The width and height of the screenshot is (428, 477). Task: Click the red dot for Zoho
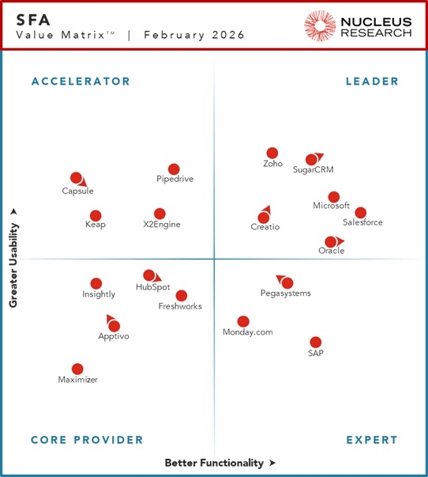[x=272, y=153]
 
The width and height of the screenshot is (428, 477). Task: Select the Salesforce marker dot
[x=360, y=212]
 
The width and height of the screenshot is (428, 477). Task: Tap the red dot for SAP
[x=315, y=343]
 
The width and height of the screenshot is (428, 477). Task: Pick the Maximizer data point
[x=77, y=369]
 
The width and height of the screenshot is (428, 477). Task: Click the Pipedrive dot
[x=174, y=169]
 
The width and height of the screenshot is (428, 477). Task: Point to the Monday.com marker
[x=243, y=321]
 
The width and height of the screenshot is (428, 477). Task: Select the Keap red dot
[x=96, y=215]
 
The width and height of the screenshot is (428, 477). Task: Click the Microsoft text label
[x=331, y=206]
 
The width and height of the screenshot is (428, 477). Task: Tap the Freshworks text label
[x=180, y=306]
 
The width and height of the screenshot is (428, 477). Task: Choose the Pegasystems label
[x=285, y=293]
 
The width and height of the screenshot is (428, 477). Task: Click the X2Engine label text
[x=162, y=225]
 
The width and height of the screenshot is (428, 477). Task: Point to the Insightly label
[x=99, y=294]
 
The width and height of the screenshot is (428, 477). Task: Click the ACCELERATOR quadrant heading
[x=81, y=81]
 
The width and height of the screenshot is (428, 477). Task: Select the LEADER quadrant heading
[x=372, y=81]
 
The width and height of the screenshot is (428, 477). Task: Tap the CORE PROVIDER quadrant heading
[x=87, y=440]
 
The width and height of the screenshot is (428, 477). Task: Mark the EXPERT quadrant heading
[x=371, y=440]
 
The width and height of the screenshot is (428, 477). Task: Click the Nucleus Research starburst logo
[x=321, y=25]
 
